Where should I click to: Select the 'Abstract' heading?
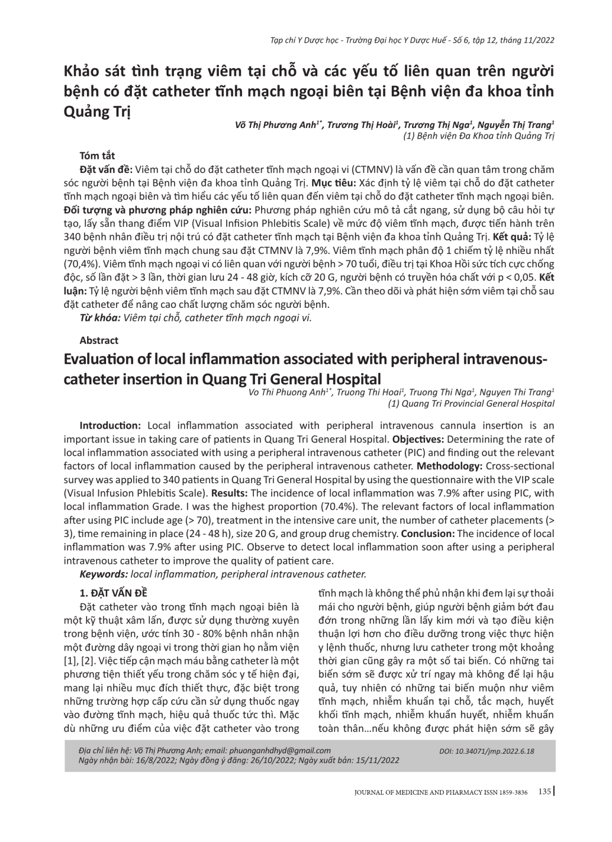tap(99, 340)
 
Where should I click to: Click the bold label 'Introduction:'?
tap(110, 425)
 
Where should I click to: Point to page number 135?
tap(544, 791)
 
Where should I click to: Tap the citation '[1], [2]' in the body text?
tap(79, 661)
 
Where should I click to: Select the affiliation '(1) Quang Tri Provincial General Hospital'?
tap(471, 403)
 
